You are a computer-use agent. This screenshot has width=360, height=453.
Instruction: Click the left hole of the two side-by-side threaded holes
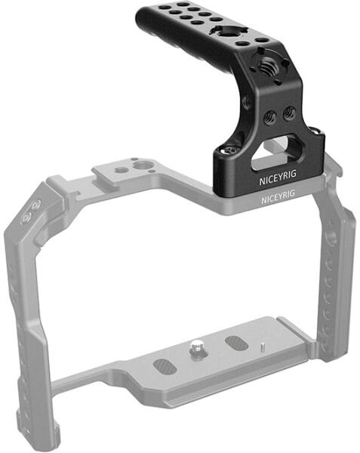[x=270, y=117]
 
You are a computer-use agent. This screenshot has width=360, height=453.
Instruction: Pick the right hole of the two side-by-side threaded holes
[x=289, y=113]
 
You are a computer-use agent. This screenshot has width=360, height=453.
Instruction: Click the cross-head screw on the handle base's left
[x=229, y=149]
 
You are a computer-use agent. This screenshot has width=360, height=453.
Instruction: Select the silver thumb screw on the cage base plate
[x=196, y=347]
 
